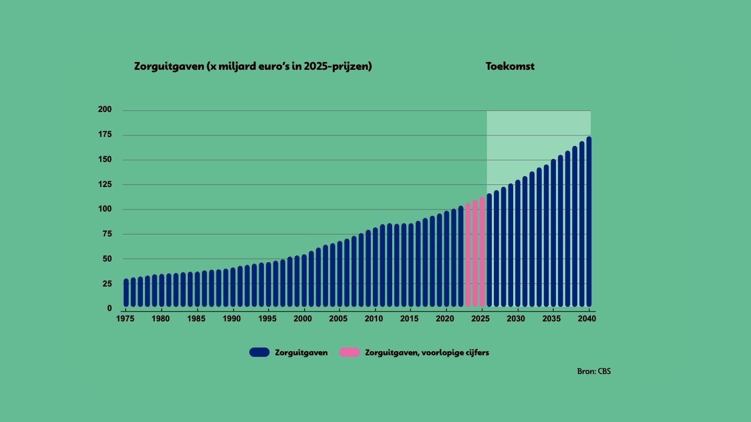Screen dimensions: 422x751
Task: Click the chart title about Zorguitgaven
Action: [x=253, y=67]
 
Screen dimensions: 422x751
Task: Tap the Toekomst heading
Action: [x=510, y=67]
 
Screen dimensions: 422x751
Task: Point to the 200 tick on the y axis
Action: [x=104, y=110]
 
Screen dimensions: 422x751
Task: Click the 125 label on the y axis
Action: [x=104, y=184]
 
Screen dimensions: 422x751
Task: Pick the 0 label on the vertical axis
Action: [x=109, y=308]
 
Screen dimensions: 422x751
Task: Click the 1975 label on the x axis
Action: [x=126, y=318]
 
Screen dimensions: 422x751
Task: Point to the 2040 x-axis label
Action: [x=588, y=318]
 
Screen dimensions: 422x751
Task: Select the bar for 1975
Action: [x=126, y=293]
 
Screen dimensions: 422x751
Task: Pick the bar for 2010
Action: [x=375, y=268]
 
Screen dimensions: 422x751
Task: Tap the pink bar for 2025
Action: [x=482, y=253]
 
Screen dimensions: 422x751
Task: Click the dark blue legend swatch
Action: [x=259, y=352]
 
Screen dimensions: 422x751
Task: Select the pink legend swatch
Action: [x=349, y=352]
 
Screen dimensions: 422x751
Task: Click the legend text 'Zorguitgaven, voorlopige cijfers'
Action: [x=427, y=352]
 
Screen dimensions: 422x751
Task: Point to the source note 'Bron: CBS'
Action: [x=593, y=371]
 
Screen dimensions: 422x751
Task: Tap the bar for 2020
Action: [x=446, y=259]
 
